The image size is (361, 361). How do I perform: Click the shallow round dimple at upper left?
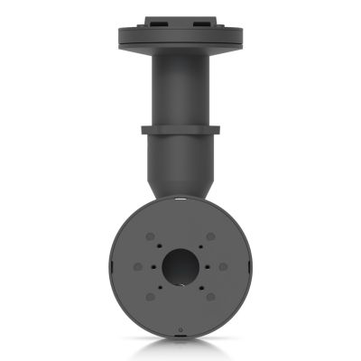[x=150, y=236]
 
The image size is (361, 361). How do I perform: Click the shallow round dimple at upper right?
[x=210, y=236]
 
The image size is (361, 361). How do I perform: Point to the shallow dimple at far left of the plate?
[x=137, y=267]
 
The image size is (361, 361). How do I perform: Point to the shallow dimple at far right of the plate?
[x=223, y=267]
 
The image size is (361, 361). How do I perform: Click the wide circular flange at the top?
[x=180, y=36]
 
